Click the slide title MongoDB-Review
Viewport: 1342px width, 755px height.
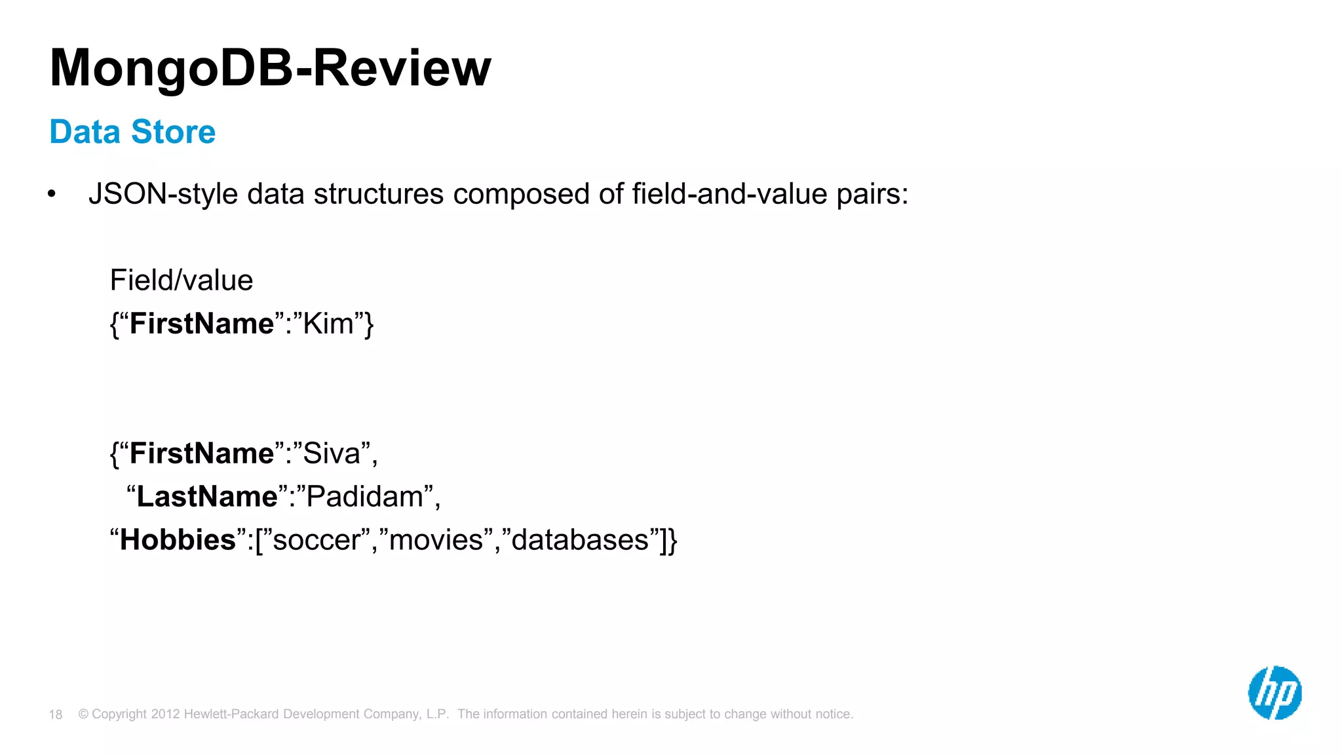pos(270,68)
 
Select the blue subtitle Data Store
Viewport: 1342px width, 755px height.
pos(132,132)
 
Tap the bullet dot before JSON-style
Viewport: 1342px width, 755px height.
pos(52,194)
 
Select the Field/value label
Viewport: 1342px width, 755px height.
pos(182,281)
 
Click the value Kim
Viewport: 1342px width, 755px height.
pos(328,324)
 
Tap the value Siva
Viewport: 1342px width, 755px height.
pos(332,454)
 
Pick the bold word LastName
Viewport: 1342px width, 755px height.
pos(207,497)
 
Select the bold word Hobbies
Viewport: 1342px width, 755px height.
pos(178,540)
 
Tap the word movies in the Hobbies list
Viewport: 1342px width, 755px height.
pos(436,540)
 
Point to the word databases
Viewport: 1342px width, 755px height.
pos(580,540)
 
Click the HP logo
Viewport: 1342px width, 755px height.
pos(1275,693)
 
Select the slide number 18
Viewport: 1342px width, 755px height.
pos(56,714)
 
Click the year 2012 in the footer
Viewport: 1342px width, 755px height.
pos(165,714)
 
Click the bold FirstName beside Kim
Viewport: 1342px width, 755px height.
pos(202,324)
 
